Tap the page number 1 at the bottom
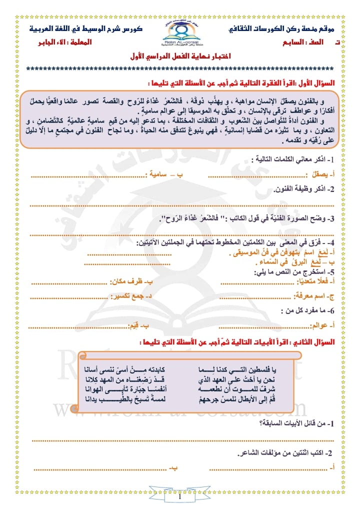pos(179,497)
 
